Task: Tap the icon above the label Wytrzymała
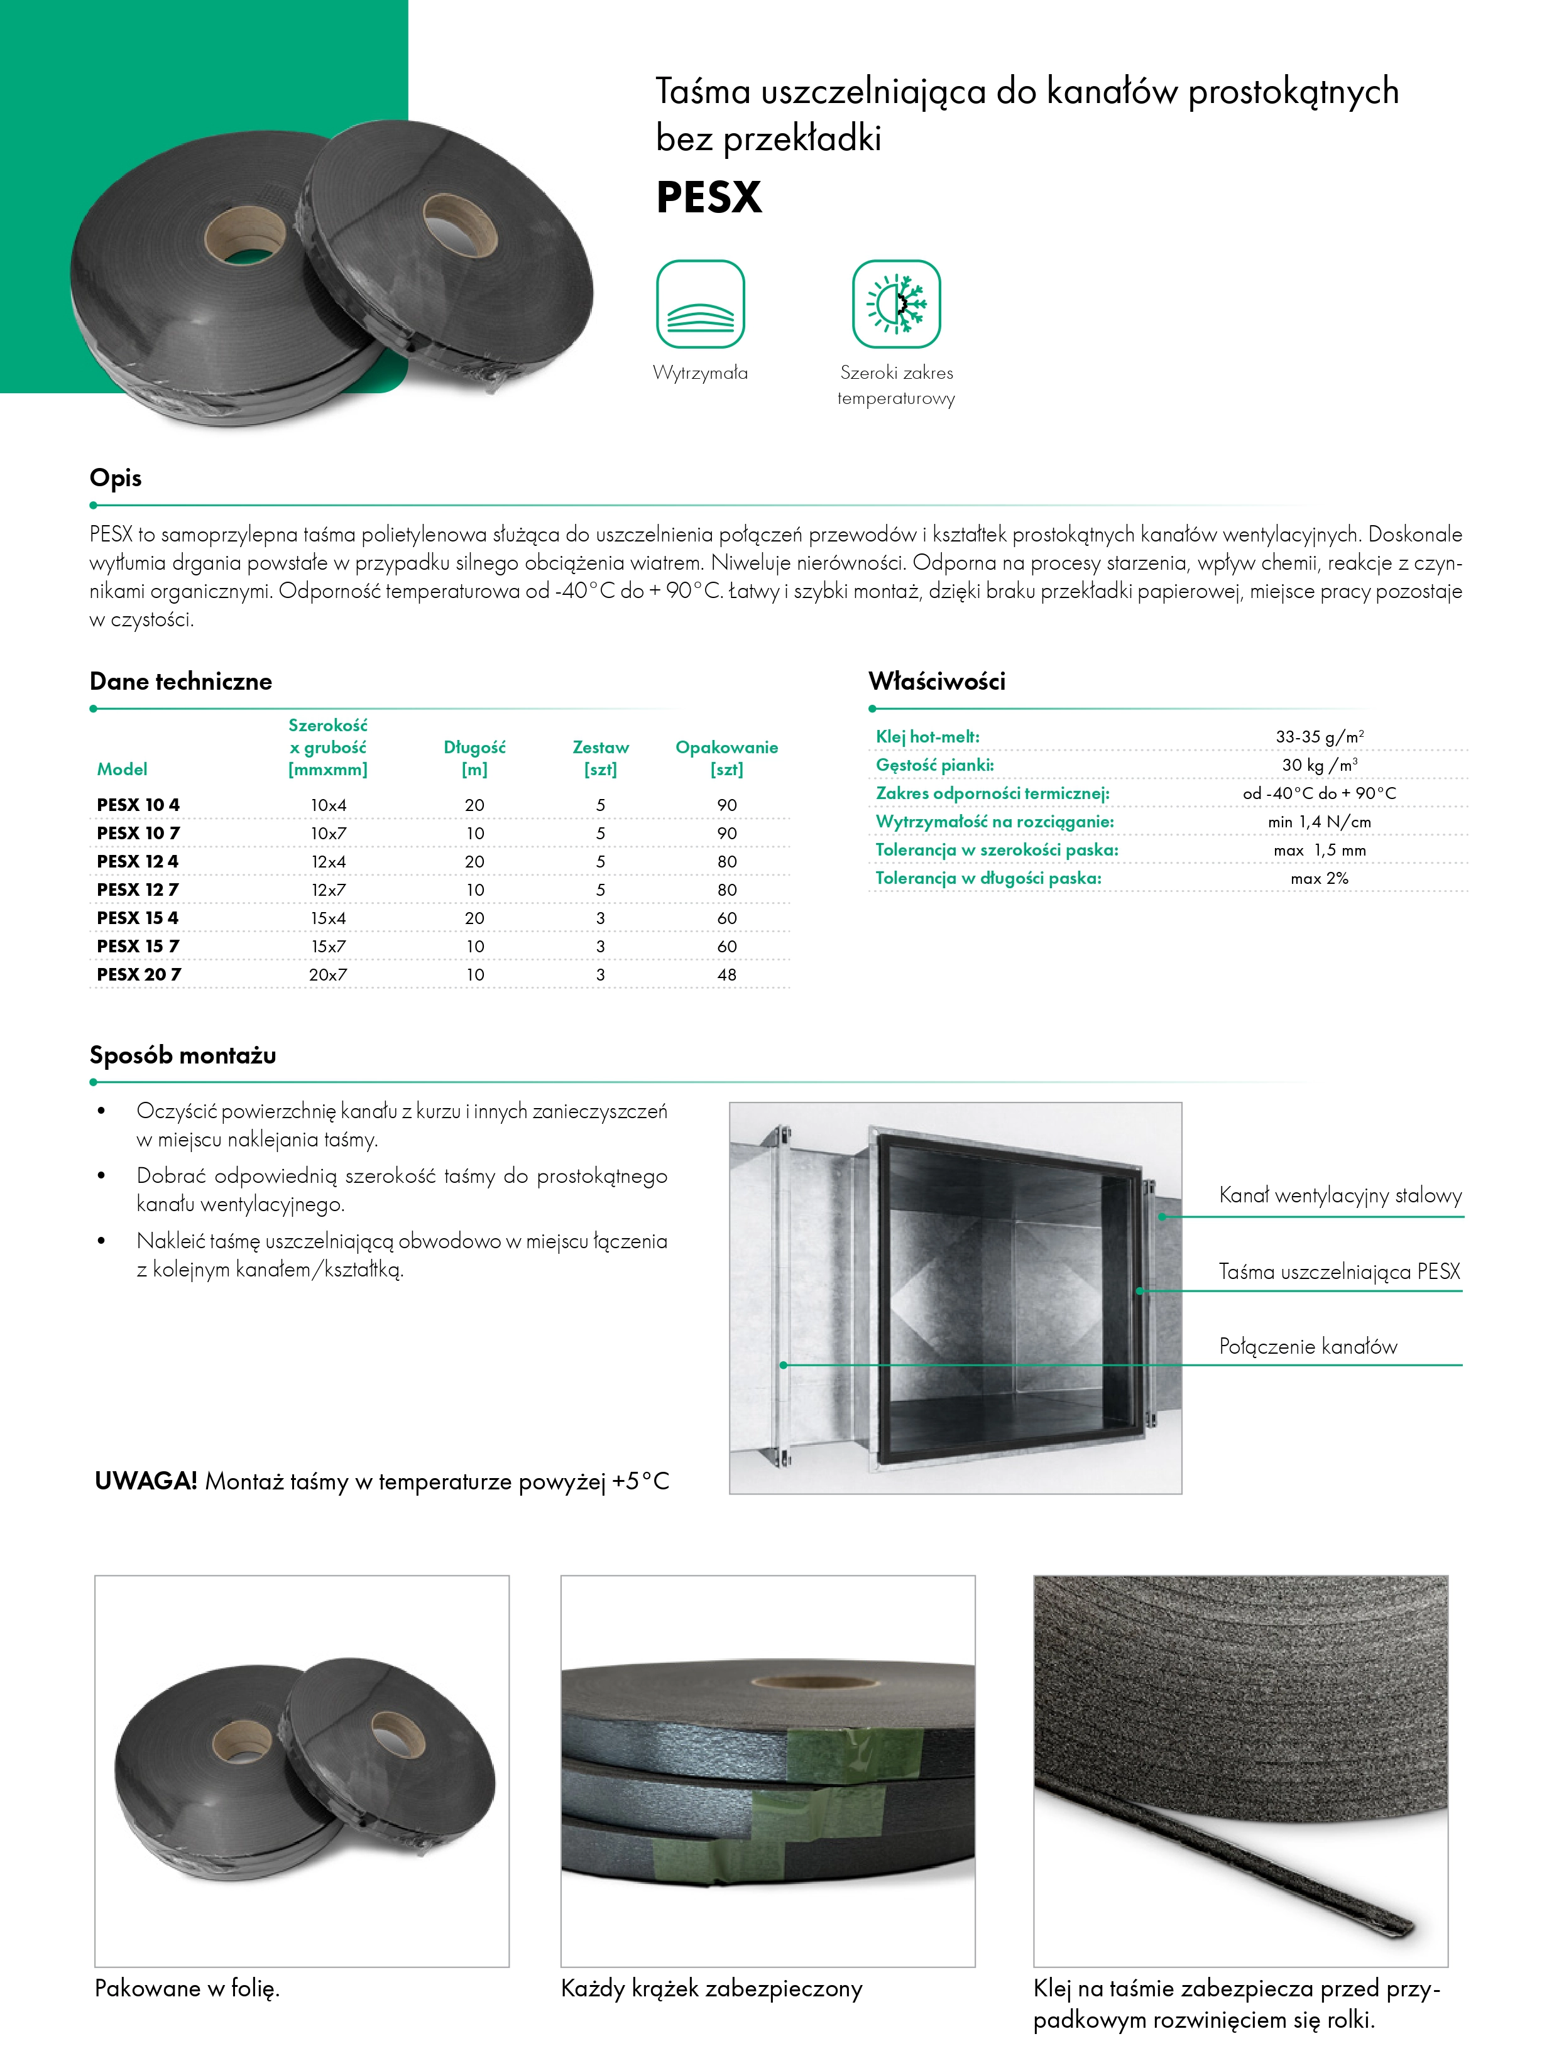tap(701, 304)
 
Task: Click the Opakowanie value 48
tap(726, 974)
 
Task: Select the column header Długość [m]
tap(474, 758)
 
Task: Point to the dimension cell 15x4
tap(329, 917)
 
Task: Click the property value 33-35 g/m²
tap(1319, 737)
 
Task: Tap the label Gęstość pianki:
tap(934, 765)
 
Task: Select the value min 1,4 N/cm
tap(1319, 822)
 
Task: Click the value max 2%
tap(1319, 878)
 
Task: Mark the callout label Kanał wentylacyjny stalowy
tap(1340, 1195)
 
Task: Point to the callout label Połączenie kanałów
tap(1308, 1347)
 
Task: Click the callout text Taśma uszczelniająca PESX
tap(1339, 1272)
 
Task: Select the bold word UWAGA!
tap(146, 1481)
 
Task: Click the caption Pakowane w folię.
tap(187, 1988)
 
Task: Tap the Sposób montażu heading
tap(183, 1055)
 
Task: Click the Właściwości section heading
tap(936, 682)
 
